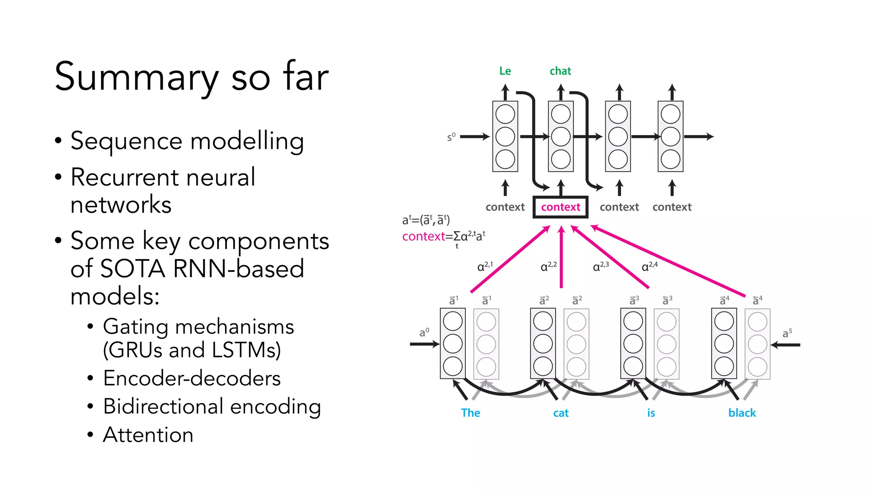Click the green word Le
coord(505,71)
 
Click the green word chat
coord(560,71)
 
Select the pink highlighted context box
coord(560,207)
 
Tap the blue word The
coord(470,413)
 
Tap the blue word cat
coord(561,413)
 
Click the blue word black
coord(742,413)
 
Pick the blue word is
coord(651,413)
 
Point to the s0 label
coord(451,137)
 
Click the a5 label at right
coord(787,333)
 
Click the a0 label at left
coord(424,332)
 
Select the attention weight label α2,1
coord(485,266)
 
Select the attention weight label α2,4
coord(649,266)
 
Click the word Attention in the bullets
coord(148,435)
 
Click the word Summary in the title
coord(136,78)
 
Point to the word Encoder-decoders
coord(192,378)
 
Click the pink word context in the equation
coord(423,236)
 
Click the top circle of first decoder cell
coord(505,114)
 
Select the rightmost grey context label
coord(672,207)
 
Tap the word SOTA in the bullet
coord(132,269)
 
